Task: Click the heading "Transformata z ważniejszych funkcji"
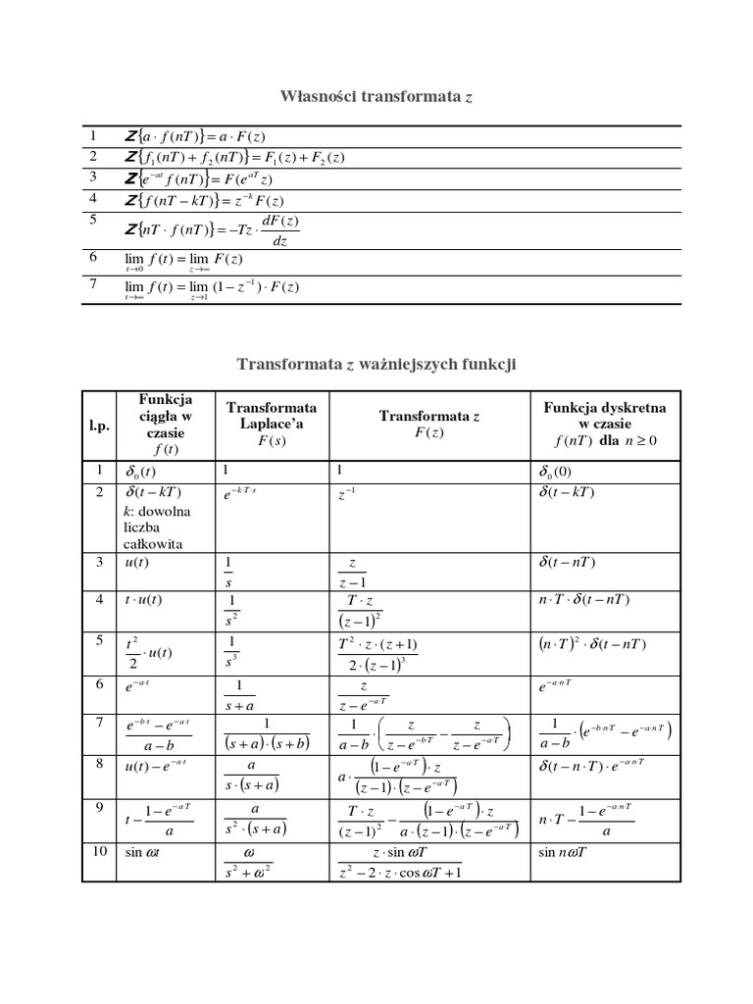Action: coord(376,365)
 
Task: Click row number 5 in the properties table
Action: coord(94,221)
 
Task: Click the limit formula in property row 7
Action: coord(212,287)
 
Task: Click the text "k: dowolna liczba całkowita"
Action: coord(158,527)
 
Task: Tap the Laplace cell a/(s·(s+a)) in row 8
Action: coord(251,775)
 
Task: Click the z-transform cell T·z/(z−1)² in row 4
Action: coord(363,611)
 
